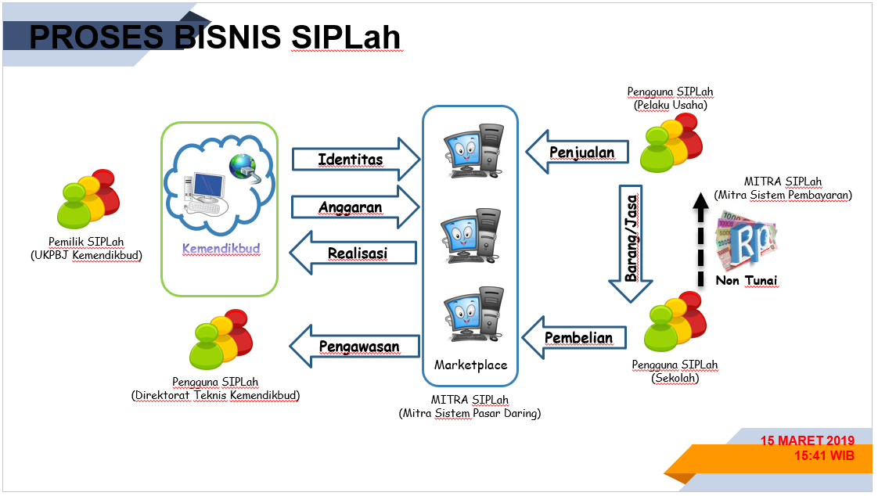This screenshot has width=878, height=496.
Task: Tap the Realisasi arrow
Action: [x=352, y=253]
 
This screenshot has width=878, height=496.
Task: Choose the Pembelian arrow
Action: [x=575, y=338]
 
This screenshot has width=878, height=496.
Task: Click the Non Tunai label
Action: [x=746, y=280]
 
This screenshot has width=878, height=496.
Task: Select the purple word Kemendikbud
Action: [x=221, y=249]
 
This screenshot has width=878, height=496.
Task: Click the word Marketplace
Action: [x=470, y=365]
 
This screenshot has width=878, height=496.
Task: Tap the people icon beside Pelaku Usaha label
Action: [x=671, y=142]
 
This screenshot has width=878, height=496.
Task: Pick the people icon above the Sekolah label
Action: [x=674, y=322]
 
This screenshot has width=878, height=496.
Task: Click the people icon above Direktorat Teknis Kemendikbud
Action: [x=221, y=341]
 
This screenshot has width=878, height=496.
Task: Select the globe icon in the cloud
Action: [x=242, y=166]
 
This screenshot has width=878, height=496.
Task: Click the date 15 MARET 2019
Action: [x=807, y=440]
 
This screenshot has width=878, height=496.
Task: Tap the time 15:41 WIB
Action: [x=823, y=455]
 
